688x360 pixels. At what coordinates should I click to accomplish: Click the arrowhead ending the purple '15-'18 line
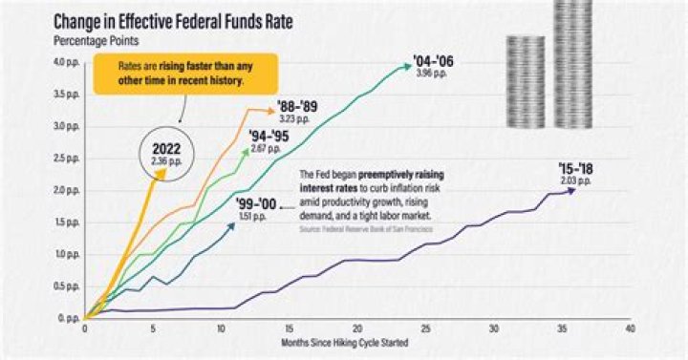pos(573,190)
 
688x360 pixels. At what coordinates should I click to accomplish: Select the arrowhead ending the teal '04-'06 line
pos(410,65)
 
